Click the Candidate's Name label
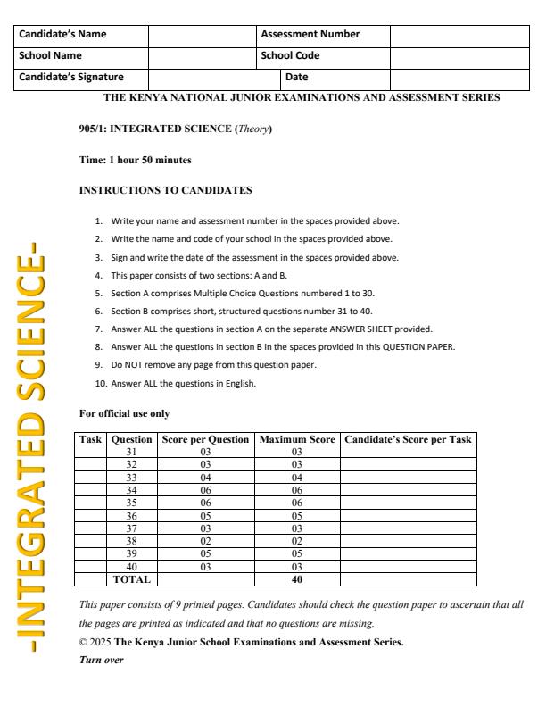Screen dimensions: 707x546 click(x=62, y=35)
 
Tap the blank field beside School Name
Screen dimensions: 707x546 click(x=202, y=55)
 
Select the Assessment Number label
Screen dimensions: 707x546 click(x=310, y=35)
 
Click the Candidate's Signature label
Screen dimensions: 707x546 click(x=71, y=77)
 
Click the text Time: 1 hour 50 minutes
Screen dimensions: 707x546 click(x=135, y=160)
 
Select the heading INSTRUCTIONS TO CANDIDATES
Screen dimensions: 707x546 click(x=165, y=190)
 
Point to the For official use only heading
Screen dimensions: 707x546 click(x=124, y=414)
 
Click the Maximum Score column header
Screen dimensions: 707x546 click(x=296, y=439)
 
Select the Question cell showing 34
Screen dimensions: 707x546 click(x=131, y=490)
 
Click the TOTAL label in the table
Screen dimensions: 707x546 click(x=131, y=578)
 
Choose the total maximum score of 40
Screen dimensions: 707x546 click(x=296, y=578)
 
